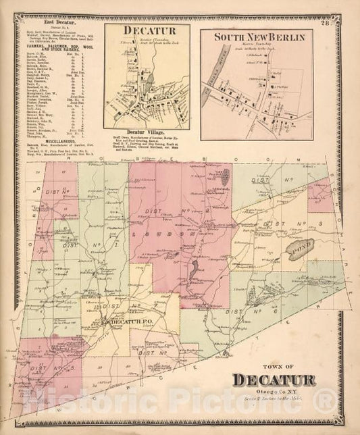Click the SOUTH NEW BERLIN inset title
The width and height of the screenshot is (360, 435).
259,35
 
